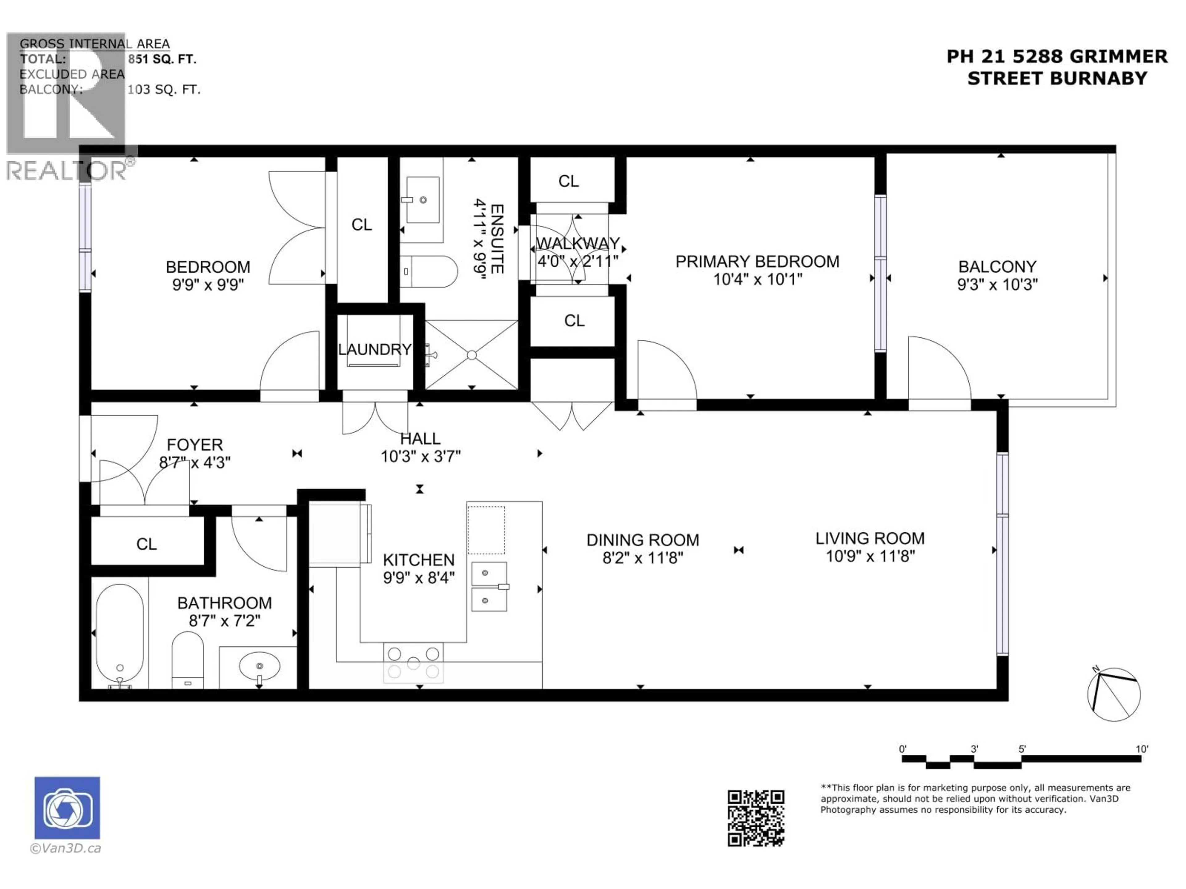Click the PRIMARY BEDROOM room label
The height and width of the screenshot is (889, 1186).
(757, 261)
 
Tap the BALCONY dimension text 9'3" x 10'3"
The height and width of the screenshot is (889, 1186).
(997, 285)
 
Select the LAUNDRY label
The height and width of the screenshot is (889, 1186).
(375, 349)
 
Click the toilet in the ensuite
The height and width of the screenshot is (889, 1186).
(429, 271)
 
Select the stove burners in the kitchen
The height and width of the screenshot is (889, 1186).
(413, 663)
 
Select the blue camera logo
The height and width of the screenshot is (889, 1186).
(67, 808)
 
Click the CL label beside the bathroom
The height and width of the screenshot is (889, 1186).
(146, 545)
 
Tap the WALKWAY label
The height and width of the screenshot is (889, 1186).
(578, 243)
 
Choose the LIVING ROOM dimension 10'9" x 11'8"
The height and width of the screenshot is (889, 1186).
(870, 556)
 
